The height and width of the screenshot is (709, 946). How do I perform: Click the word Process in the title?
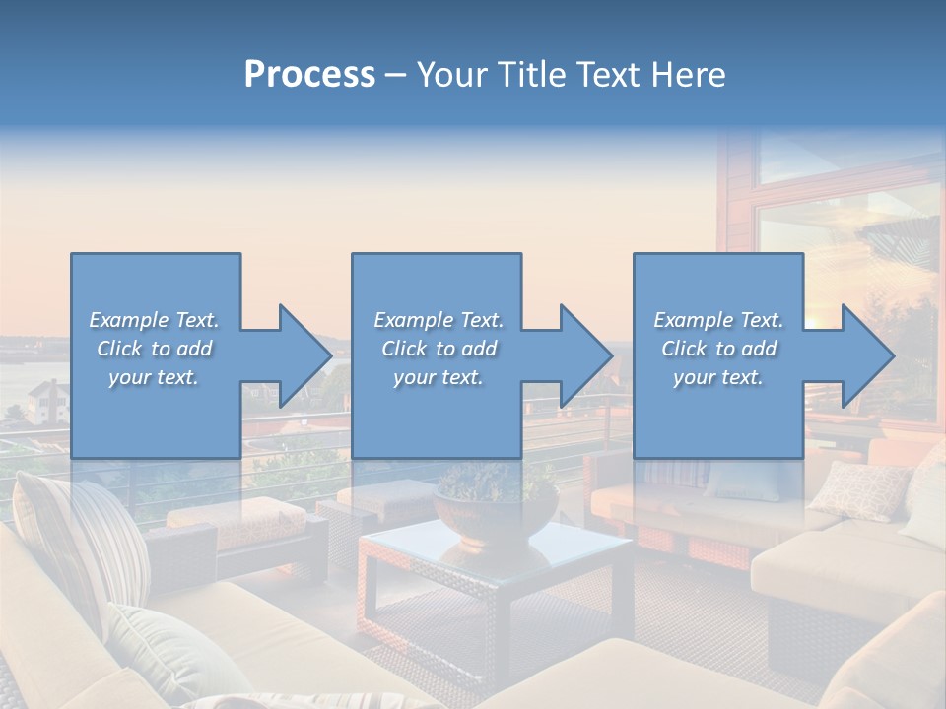309,75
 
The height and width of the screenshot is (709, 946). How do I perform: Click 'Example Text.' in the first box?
154,320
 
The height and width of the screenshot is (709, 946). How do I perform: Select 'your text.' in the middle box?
438,377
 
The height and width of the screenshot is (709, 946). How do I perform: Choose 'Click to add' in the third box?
718,349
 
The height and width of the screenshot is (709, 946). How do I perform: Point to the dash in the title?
395,75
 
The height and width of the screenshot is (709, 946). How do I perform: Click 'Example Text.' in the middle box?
438,320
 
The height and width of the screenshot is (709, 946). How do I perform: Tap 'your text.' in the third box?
718,377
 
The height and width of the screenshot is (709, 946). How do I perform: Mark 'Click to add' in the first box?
154,349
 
